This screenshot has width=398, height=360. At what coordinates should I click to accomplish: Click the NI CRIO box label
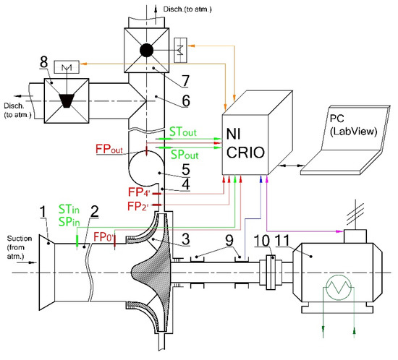pyautogui.click(x=245, y=143)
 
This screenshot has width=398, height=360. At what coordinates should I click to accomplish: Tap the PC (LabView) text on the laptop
pyautogui.click(x=353, y=126)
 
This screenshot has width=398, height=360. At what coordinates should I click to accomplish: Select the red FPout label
pyautogui.click(x=109, y=149)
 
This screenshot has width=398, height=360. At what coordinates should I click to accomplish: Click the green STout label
pyautogui.click(x=183, y=132)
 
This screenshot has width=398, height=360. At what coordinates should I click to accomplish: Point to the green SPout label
pyautogui.click(x=185, y=155)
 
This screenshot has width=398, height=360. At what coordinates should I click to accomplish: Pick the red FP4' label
pyautogui.click(x=140, y=192)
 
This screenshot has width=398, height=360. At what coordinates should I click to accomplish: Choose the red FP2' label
pyautogui.click(x=137, y=206)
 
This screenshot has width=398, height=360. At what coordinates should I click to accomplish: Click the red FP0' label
pyautogui.click(x=103, y=237)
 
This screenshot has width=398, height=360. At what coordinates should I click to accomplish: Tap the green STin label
pyautogui.click(x=69, y=210)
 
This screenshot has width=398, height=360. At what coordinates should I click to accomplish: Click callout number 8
pyautogui.click(x=43, y=62)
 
